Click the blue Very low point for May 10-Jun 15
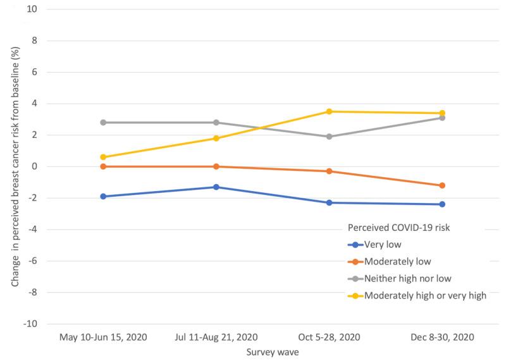tap(103, 196)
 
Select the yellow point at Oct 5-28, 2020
tap(329, 111)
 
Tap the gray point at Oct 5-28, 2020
tap(329, 137)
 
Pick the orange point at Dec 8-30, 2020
tap(442, 185)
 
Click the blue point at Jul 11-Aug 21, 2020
tap(216, 187)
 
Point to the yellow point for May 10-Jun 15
tap(103, 157)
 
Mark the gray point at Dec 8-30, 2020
tap(442, 118)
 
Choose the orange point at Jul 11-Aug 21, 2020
tap(216, 166)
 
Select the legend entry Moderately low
tap(395, 261)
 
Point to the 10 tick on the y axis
tap(32, 9)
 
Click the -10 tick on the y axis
tap(30, 324)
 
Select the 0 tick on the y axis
tap(34, 166)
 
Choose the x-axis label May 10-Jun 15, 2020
tap(103, 337)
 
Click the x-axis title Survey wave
tap(272, 352)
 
